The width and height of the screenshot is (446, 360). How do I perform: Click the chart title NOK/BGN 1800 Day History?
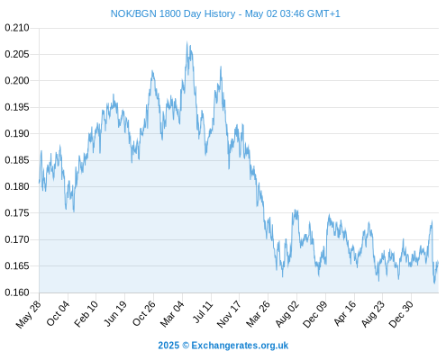[x=173, y=13]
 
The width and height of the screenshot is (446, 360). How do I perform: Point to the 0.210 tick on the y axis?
[x=17, y=28]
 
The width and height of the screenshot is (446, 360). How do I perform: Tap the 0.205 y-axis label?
[x=17, y=54]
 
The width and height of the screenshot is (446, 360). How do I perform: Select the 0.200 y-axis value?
[x=17, y=81]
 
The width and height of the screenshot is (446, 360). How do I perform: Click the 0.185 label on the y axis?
[x=17, y=160]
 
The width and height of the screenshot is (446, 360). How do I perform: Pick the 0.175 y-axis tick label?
[x=17, y=213]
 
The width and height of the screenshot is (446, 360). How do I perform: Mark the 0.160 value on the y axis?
[x=17, y=292]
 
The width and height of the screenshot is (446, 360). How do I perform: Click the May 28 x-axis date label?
[x=29, y=314]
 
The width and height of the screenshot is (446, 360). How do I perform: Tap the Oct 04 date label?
[x=58, y=313]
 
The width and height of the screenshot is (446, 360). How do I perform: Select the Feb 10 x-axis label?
[x=86, y=313]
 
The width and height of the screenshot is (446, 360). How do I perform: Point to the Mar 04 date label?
[x=172, y=313]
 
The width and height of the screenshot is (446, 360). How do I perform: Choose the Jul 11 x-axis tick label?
[x=203, y=312]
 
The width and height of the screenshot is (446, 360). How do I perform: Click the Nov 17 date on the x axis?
[x=229, y=314]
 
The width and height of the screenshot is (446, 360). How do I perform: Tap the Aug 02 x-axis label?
[x=287, y=313]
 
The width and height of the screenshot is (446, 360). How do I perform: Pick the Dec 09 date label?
[x=314, y=314]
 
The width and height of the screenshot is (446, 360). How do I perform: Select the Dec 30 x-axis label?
[x=401, y=314]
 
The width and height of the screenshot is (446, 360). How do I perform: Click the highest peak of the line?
[x=187, y=42]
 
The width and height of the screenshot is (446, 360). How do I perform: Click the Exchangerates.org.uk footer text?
[x=240, y=346]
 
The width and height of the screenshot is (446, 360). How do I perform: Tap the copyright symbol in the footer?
[x=186, y=346]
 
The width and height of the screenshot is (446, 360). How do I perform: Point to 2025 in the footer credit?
[x=168, y=346]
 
